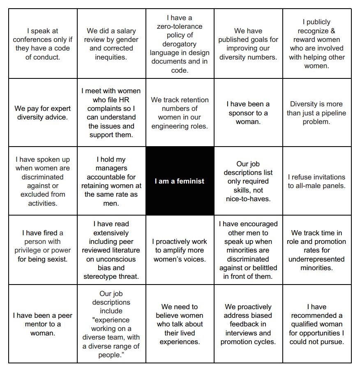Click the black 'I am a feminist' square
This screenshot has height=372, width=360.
(x=180, y=181)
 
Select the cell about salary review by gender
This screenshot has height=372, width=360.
(x=111, y=44)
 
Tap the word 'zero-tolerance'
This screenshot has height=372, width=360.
(x=180, y=27)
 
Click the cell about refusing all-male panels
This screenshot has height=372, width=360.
(x=317, y=181)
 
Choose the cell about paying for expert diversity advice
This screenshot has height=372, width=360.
(x=43, y=113)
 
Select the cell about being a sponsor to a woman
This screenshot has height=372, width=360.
(x=248, y=113)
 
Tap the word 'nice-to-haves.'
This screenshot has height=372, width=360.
(x=248, y=199)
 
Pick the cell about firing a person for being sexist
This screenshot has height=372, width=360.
(x=43, y=246)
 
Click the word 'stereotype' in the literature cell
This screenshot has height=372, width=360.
(x=101, y=276)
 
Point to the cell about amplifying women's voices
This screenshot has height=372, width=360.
(x=180, y=250)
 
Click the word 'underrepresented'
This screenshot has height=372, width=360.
(x=317, y=259)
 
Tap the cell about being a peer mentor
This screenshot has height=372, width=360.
(x=43, y=324)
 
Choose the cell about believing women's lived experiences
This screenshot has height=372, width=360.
(x=180, y=324)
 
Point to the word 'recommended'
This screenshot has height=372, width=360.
(x=317, y=316)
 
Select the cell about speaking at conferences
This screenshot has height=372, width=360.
(x=43, y=44)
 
